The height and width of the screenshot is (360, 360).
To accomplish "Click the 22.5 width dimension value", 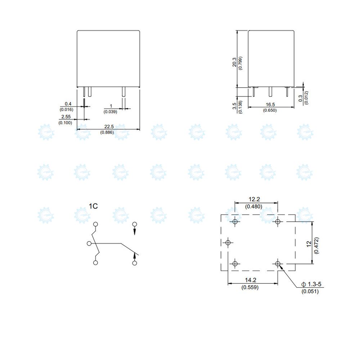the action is pyautogui.click(x=109, y=126).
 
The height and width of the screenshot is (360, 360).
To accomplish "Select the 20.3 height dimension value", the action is pyautogui.click(x=234, y=62).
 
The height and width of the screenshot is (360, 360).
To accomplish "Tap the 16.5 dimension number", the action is pyautogui.click(x=270, y=105).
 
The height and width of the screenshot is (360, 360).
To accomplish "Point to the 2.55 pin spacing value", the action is pyautogui.click(x=66, y=117).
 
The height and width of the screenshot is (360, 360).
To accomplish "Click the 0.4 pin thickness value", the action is pyautogui.click(x=68, y=104).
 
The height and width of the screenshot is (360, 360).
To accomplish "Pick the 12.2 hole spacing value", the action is pyautogui.click(x=254, y=199).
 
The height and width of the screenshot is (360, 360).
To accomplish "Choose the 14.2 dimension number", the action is pyautogui.click(x=251, y=280).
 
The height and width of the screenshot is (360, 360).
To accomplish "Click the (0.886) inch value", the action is pyautogui.click(x=107, y=132).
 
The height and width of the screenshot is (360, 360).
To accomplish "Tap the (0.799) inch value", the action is pyautogui.click(x=240, y=63).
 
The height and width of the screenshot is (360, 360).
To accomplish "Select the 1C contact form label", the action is pyautogui.click(x=93, y=206).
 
